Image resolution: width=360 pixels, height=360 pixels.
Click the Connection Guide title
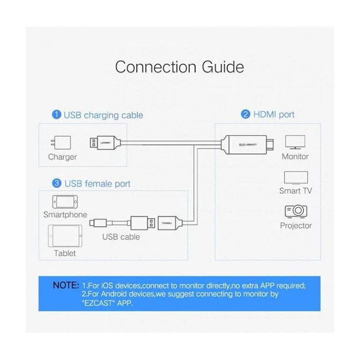tap(179, 67)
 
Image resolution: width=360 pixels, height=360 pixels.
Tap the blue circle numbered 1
tap(56, 115)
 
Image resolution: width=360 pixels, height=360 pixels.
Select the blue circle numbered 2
tap(245, 114)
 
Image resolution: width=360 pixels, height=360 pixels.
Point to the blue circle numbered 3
tap(57, 183)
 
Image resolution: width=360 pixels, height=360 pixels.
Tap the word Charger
tap(62, 157)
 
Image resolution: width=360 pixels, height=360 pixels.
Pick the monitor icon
tap(295, 142)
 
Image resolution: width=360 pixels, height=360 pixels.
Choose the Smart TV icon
tap(296, 177)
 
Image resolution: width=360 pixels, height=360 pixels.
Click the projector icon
tap(296, 211)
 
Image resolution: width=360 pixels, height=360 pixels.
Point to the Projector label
tap(296, 225)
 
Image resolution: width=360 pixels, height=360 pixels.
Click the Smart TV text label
tap(296, 191)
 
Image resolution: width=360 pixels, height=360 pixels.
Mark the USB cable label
tap(121, 237)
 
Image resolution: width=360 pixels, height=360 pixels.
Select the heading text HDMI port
tap(274, 115)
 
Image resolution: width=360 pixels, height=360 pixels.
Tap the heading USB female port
tap(97, 184)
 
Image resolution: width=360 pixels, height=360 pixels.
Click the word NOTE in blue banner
tap(65, 285)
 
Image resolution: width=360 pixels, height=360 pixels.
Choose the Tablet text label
tap(64, 253)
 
